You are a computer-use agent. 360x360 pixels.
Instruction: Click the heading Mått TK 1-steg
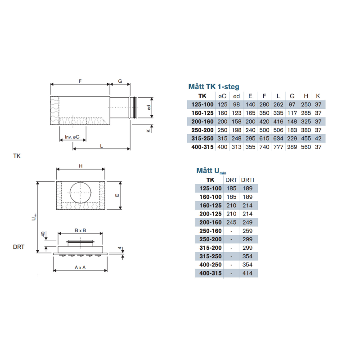[x=214, y=86]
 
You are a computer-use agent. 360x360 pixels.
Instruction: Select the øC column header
[x=222, y=96]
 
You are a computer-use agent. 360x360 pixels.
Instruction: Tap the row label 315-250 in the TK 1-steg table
[x=202, y=139]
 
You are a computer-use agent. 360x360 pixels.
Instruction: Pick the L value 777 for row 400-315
[x=278, y=147]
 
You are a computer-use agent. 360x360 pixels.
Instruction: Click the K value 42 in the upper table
[x=318, y=139]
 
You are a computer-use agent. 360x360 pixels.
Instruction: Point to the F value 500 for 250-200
[x=264, y=130]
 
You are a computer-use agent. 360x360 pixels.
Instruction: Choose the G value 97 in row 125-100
[x=292, y=104]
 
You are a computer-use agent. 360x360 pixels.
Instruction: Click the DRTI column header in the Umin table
[x=247, y=180]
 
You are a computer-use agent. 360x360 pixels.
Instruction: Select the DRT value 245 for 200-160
[x=231, y=222]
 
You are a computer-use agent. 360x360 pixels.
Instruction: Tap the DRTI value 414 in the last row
[x=247, y=273]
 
